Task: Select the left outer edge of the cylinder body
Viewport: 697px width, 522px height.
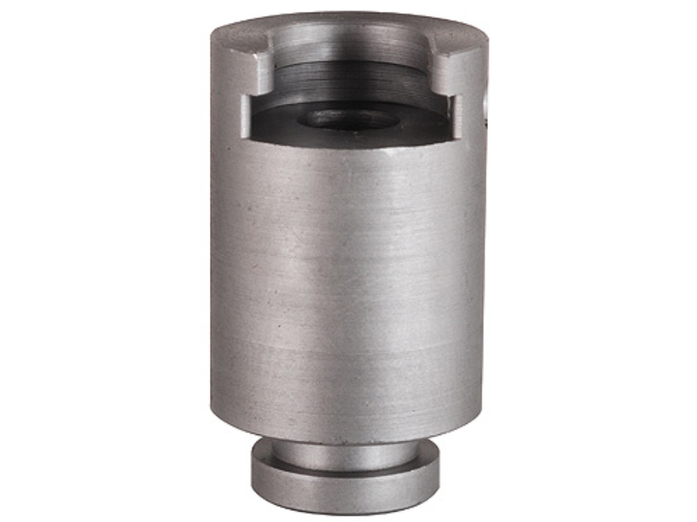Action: (213, 277)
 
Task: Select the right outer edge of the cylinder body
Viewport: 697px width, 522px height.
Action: (485, 277)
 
